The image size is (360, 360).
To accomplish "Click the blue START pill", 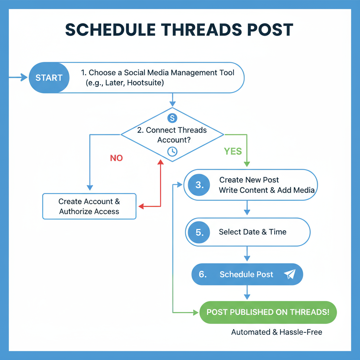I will pyautogui.click(x=49, y=77).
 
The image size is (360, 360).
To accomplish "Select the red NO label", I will pyautogui.click(x=116, y=158).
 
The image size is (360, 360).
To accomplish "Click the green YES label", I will pyautogui.click(x=233, y=151).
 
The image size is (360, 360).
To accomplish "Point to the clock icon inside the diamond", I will pyautogui.click(x=172, y=151).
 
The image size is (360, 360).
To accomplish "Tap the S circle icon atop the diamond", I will pyautogui.click(x=172, y=118).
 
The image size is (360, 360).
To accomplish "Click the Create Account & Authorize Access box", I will pyautogui.click(x=89, y=206).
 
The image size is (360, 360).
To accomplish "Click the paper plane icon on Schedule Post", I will pyautogui.click(x=289, y=274).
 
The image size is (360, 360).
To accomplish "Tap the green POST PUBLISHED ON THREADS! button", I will pyautogui.click(x=268, y=312).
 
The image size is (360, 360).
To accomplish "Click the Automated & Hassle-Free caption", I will pyautogui.click(x=277, y=332).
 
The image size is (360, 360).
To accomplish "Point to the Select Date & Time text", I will pyautogui.click(x=252, y=232).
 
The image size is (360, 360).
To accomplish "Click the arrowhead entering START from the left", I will pyautogui.click(x=24, y=77).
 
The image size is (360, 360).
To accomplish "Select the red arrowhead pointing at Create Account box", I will pyautogui.click(x=141, y=206).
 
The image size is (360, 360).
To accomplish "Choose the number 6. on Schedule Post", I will pyautogui.click(x=202, y=274).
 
